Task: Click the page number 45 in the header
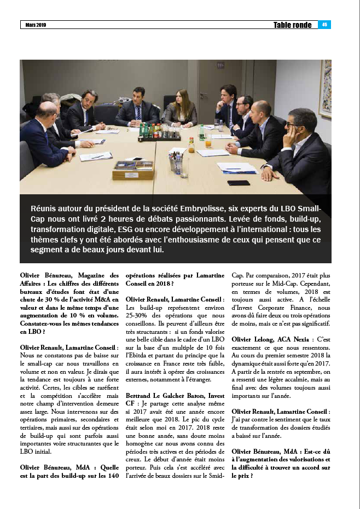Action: (x=324, y=25)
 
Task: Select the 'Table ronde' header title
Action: (x=293, y=25)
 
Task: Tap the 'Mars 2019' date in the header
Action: (x=36, y=25)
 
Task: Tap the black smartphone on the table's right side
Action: (x=239, y=183)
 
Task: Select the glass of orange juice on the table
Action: (x=208, y=141)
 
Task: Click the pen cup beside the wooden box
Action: (x=176, y=162)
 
